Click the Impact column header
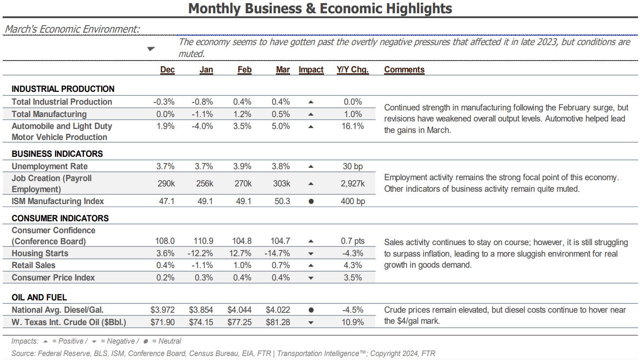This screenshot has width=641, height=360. coord(311,70)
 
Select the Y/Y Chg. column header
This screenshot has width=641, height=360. coord(353,70)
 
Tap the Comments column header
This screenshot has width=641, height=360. coord(404,70)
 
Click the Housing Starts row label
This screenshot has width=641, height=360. coord(40,253)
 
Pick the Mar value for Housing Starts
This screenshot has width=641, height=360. coord(277,253)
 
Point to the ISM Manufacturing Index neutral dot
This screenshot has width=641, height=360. coord(311,201)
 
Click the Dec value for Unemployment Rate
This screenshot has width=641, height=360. coord(166,166)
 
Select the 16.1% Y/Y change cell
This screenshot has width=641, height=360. coord(353,126)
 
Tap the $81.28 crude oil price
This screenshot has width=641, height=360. coord(278,322)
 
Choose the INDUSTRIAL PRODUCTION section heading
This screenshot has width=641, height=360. coord(63,89)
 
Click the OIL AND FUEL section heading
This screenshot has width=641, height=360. coord(39,297)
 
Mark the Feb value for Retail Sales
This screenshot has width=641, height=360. coord(242,265)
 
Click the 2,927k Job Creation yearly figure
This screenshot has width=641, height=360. coord(353,183)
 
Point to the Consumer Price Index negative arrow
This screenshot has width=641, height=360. coord(311,278)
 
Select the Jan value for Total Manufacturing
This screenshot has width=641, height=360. coord(202,114)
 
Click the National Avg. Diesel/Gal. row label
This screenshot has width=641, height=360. coord(57,310)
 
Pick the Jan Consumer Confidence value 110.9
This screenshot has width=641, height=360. coord(204,241)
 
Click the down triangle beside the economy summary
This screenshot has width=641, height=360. coord(151,49)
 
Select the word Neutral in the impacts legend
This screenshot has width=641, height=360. coord(170,341)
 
